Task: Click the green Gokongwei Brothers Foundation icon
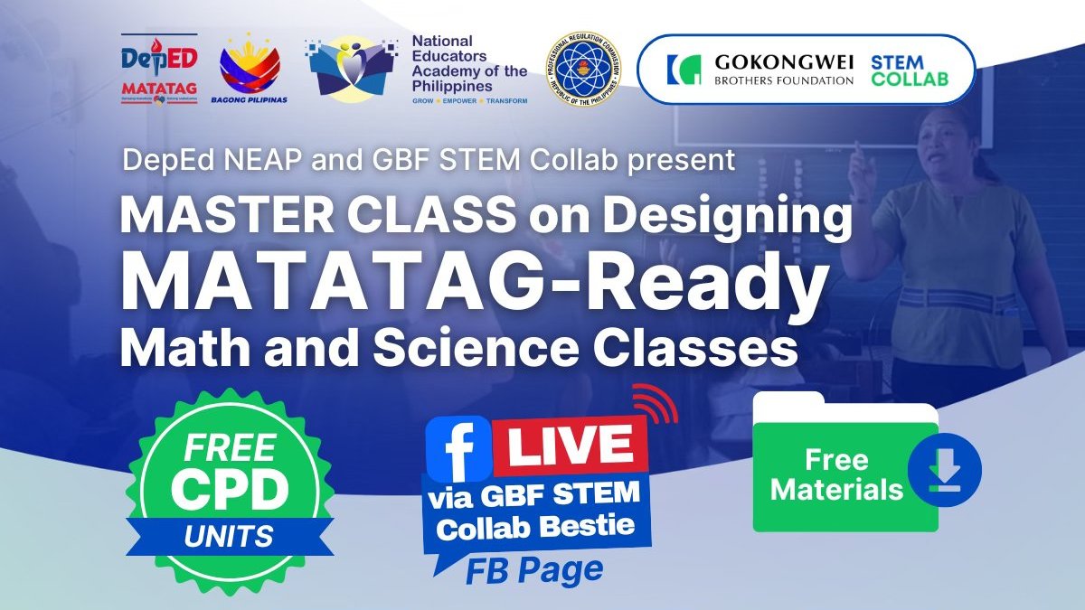(684, 70)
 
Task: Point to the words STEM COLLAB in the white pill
(897, 70)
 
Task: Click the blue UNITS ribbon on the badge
(230, 536)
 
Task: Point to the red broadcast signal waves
(656, 403)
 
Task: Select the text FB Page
(533, 570)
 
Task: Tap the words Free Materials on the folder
(836, 475)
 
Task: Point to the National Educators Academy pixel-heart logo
(353, 69)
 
